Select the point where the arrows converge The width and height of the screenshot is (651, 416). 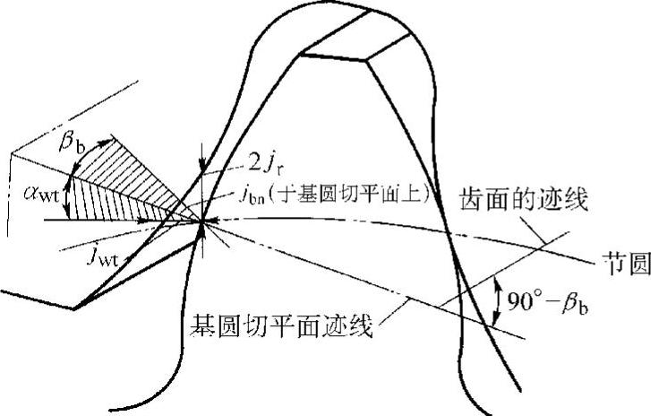(x=205, y=221)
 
